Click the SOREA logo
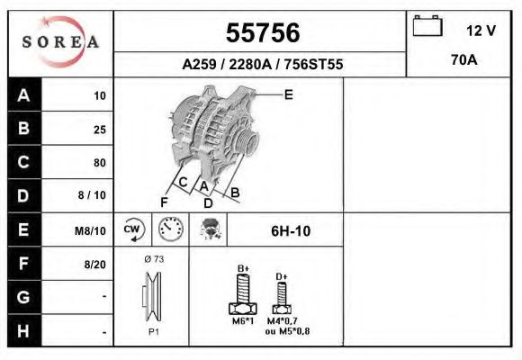[x=60, y=42]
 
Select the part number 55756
[x=262, y=33]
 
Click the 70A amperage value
[x=464, y=60]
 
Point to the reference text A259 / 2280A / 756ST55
[x=262, y=65]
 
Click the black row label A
[x=23, y=95]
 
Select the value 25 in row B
[x=99, y=129]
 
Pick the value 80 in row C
[x=99, y=163]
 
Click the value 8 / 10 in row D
[x=93, y=196]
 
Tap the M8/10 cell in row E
[x=90, y=230]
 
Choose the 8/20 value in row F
[x=94, y=264]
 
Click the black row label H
[x=23, y=331]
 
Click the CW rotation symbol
[x=133, y=229]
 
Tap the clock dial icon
[x=170, y=229]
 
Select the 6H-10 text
[x=291, y=230]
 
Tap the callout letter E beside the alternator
[x=288, y=94]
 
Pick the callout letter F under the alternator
[x=164, y=201]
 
